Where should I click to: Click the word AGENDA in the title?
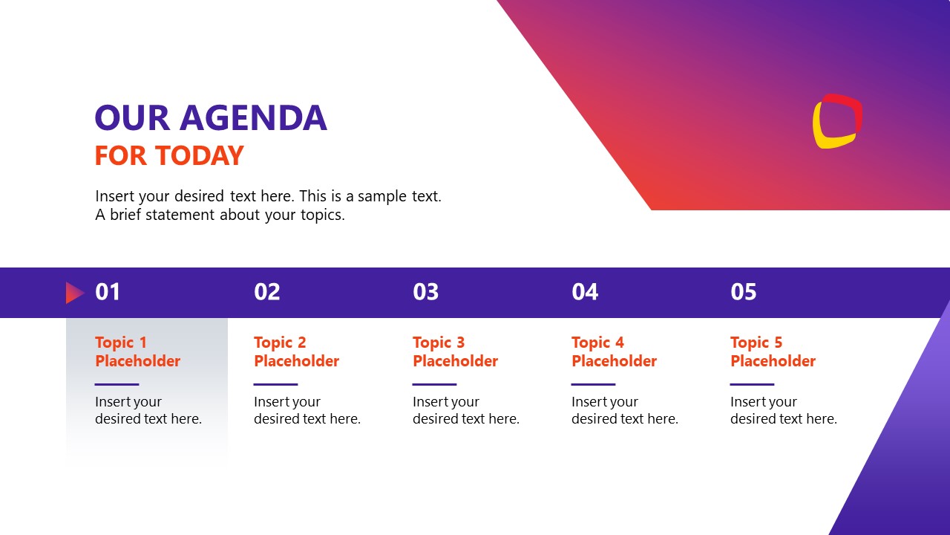click(253, 118)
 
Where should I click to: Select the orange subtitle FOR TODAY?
click(169, 156)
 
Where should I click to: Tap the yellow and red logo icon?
click(837, 121)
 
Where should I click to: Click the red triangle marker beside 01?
click(74, 293)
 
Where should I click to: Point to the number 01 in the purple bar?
click(108, 292)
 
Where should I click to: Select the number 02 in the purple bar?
click(267, 292)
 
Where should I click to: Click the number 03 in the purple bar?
click(426, 292)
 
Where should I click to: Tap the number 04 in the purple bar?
click(585, 292)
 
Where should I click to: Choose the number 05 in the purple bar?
click(744, 292)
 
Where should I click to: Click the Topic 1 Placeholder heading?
click(137, 351)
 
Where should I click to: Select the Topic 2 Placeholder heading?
click(296, 351)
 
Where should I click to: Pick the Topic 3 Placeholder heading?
click(455, 351)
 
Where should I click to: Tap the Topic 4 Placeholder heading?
click(614, 351)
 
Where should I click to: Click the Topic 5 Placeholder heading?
click(773, 351)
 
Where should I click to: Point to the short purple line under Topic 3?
click(434, 384)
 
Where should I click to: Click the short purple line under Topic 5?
click(752, 384)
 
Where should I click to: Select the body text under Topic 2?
click(307, 410)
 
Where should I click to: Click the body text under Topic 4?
click(624, 410)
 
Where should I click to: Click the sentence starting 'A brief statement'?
click(220, 215)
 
